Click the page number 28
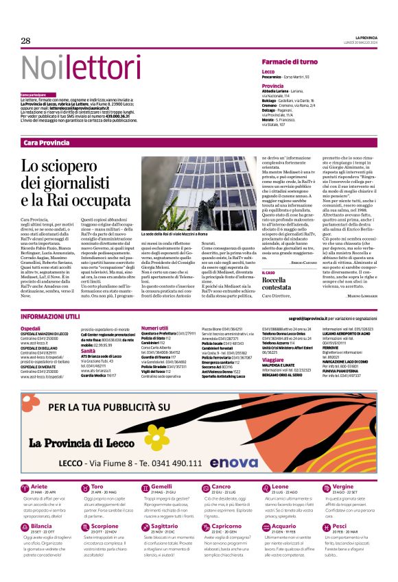point(25,41)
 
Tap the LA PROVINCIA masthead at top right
point(366,37)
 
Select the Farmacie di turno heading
point(289,62)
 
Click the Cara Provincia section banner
point(46,143)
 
